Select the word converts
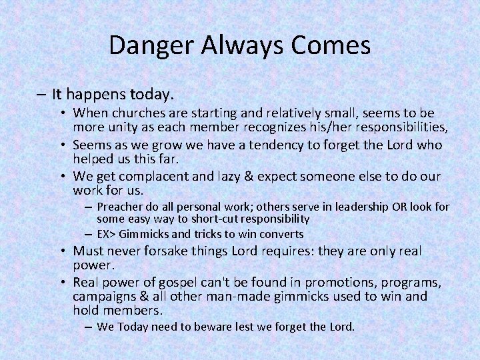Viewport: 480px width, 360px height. (281, 234)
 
